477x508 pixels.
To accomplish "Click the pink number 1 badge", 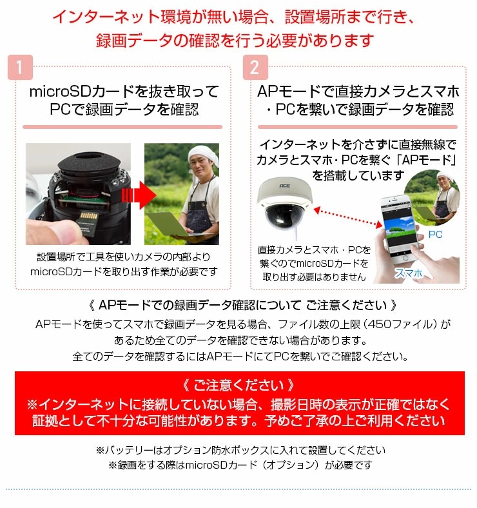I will pyautogui.click(x=20, y=68).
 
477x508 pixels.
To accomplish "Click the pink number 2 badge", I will pyautogui.click(x=255, y=68).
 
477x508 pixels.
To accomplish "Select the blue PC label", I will pyautogui.click(x=436, y=235).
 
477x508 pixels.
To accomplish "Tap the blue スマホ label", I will pyautogui.click(x=409, y=273).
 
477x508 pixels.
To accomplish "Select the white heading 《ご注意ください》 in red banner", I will pyautogui.click(x=238, y=386).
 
